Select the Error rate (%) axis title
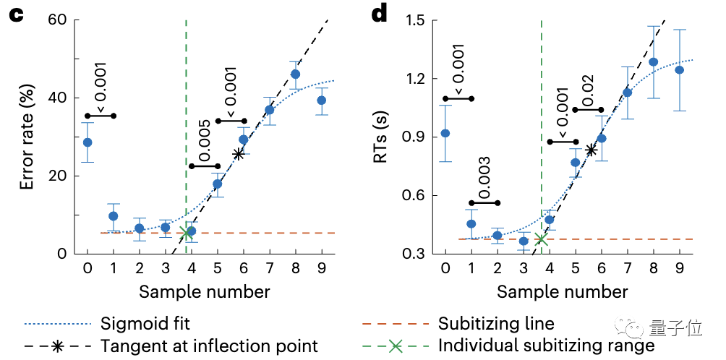(27, 137)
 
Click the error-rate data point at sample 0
(87, 142)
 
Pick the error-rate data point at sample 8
(295, 74)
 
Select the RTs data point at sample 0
(445, 133)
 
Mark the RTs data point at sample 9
(679, 70)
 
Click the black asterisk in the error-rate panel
(238, 153)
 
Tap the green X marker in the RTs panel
(541, 239)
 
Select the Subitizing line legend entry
(497, 323)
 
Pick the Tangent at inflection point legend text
(210, 346)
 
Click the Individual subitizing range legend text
(546, 346)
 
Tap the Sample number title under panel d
(563, 292)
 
